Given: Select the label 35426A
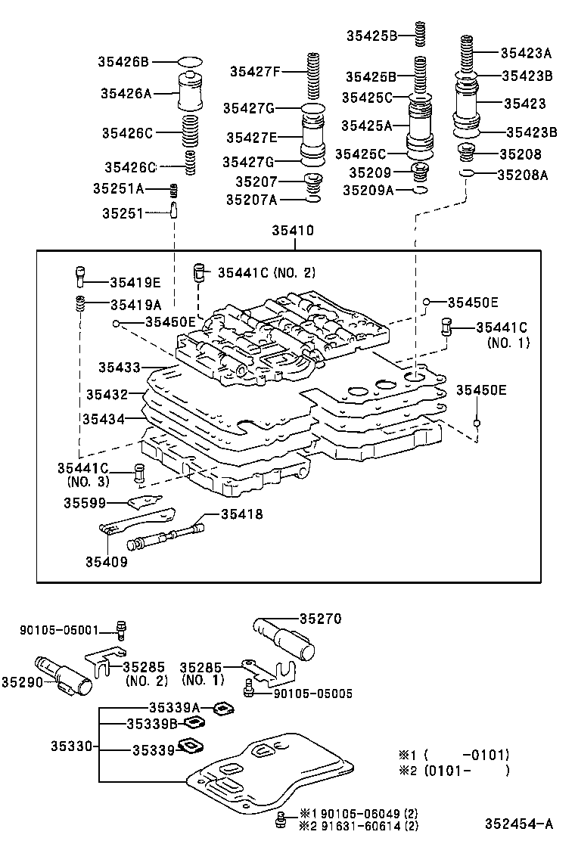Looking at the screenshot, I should [126, 93].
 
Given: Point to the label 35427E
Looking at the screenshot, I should [251, 137].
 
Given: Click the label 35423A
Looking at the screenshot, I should [526, 53].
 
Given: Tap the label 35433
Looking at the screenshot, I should [119, 368].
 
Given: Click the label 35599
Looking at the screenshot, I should [85, 502].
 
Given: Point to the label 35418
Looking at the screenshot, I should [242, 514].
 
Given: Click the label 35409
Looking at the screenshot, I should [106, 561].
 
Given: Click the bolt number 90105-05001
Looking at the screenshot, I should [59, 628].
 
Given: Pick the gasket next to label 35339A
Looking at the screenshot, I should [222, 708].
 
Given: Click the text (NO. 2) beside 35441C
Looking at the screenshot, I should [294, 272].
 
